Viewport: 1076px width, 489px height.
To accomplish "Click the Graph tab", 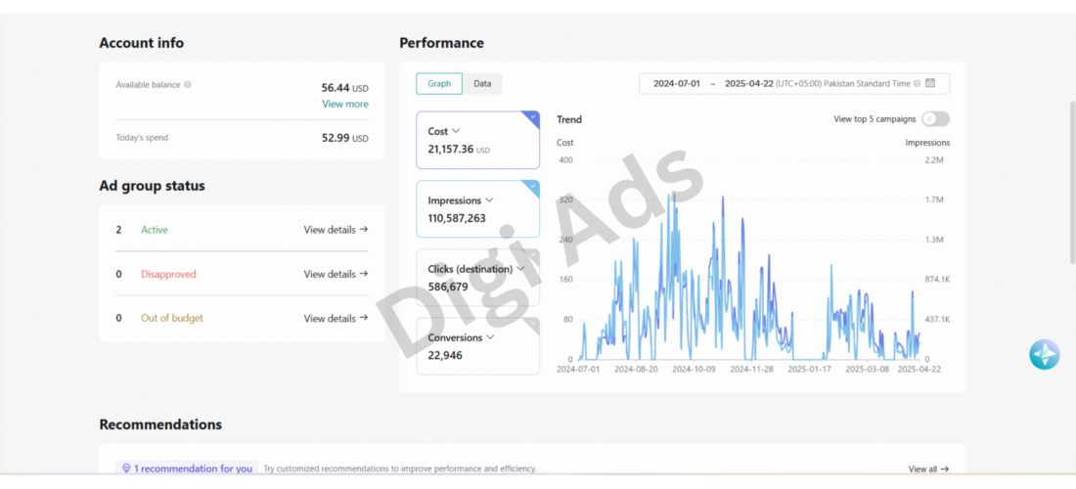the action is pyautogui.click(x=439, y=84).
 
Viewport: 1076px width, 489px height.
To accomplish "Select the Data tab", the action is pyautogui.click(x=482, y=84).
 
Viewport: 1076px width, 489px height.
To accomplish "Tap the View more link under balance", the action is pyautogui.click(x=345, y=105).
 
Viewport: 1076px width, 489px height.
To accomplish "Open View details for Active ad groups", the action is pyautogui.click(x=336, y=230).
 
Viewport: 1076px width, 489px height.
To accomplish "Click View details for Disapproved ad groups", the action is pyautogui.click(x=336, y=275).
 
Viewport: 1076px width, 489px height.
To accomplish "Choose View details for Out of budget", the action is pyautogui.click(x=336, y=318).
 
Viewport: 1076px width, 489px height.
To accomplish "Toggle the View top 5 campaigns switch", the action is pyautogui.click(x=936, y=118).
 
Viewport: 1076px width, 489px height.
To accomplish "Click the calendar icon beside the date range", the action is pyautogui.click(x=930, y=84).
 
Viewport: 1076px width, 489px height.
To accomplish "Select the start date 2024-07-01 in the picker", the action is pyautogui.click(x=677, y=84).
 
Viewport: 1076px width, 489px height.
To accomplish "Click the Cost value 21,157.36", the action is pyautogui.click(x=451, y=149).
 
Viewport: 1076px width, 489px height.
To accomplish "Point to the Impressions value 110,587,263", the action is pyautogui.click(x=457, y=218).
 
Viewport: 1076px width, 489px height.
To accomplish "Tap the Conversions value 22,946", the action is pyautogui.click(x=445, y=355).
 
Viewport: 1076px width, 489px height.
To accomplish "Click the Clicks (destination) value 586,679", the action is pyautogui.click(x=448, y=287).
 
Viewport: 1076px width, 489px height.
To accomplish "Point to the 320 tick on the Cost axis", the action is pyautogui.click(x=565, y=200).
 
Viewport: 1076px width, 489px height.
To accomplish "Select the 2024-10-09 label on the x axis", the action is pyautogui.click(x=694, y=369).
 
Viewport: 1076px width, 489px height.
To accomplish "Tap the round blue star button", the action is pyautogui.click(x=1045, y=354).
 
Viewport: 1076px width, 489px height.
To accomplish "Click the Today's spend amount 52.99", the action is pyautogui.click(x=336, y=138).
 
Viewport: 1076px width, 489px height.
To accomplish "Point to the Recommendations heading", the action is pyautogui.click(x=160, y=424).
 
